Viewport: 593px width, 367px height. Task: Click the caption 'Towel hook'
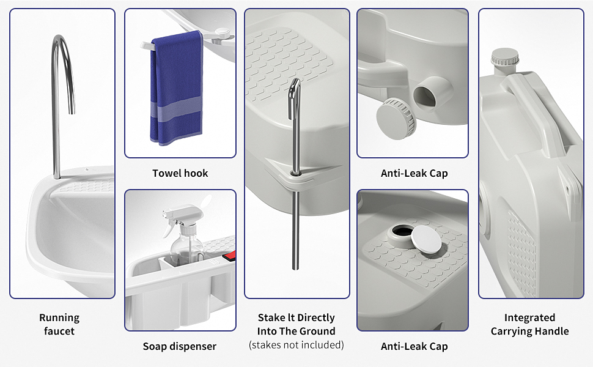coord(180,173)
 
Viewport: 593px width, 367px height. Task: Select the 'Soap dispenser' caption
coord(180,346)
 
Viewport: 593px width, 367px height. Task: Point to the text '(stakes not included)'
coord(296,345)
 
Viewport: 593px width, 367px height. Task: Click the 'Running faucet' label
coord(59,324)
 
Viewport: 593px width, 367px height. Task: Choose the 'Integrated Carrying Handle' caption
coord(530,324)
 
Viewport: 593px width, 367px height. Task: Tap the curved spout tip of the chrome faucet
coord(72,109)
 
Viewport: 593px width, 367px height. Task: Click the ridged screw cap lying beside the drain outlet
coord(396,119)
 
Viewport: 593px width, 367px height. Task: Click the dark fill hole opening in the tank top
coord(402,231)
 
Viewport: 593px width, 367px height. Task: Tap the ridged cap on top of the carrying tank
coord(505,58)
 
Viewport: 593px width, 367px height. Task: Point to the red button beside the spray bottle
coord(230,256)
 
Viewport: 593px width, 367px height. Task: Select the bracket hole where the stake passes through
coord(295,173)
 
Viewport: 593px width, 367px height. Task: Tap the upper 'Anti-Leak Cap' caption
coord(414,173)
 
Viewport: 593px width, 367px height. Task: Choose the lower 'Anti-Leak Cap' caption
coord(414,346)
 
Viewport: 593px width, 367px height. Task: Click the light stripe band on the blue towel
coord(176,110)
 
